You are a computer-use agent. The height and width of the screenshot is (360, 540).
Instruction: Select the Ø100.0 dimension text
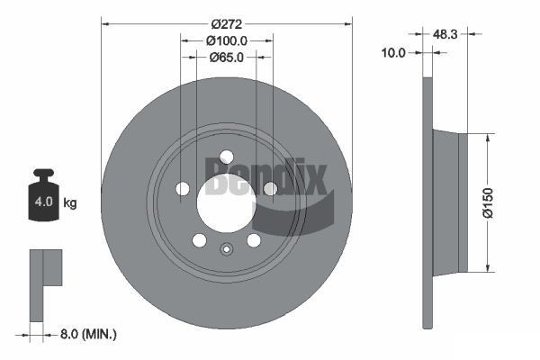227,40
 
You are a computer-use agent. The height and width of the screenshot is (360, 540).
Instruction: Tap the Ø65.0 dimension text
227,58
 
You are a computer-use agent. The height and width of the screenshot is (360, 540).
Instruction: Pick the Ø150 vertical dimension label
487,202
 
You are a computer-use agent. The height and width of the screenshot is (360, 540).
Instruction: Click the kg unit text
70,203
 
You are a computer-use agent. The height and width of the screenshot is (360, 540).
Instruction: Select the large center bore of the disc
226,201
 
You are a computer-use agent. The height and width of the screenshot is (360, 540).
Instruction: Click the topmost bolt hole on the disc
226,156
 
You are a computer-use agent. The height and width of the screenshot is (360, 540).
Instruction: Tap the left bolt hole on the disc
183,188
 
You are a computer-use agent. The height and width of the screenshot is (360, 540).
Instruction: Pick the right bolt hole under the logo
269,188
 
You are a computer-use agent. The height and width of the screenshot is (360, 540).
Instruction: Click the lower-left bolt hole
199,239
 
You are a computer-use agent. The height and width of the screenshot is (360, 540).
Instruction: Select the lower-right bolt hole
254,239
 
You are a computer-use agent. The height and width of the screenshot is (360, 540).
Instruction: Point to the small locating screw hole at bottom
227,250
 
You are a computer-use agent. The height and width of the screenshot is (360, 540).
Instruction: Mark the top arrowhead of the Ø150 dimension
487,137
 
